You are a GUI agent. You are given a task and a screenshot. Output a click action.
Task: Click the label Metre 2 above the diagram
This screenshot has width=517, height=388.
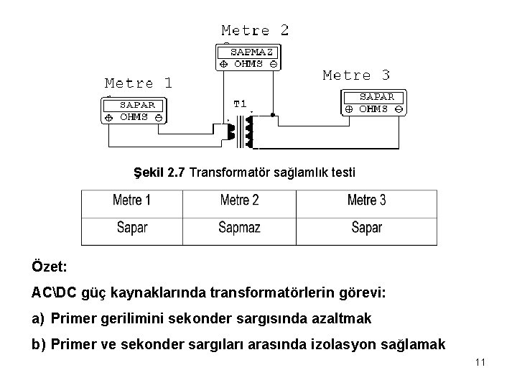(x=255, y=30)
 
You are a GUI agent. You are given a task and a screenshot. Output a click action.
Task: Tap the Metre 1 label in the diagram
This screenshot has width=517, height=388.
(x=139, y=83)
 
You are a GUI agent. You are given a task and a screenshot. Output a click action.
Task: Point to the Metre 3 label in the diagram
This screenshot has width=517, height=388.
(x=356, y=75)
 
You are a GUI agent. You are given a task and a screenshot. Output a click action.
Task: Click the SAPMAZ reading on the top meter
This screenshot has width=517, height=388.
(x=250, y=52)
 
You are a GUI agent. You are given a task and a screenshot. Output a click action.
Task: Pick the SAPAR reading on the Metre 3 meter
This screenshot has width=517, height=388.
(x=376, y=96)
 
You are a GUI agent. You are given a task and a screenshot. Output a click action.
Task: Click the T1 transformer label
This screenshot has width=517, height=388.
(x=240, y=103)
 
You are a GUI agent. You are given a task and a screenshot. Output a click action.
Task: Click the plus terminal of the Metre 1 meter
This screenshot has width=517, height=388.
(x=108, y=116)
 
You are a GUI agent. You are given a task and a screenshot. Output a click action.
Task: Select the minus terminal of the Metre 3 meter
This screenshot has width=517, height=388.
(x=399, y=109)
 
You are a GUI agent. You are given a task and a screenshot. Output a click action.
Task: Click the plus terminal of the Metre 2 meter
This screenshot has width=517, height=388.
(x=223, y=63)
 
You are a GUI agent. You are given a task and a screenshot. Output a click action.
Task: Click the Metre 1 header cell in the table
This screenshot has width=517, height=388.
(x=131, y=200)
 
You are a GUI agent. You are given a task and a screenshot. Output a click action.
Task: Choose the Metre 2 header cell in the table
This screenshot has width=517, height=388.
(x=240, y=200)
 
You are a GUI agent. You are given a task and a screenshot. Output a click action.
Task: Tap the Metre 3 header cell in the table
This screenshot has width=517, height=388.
(x=366, y=200)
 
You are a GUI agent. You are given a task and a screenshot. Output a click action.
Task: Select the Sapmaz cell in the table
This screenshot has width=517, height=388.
(x=240, y=228)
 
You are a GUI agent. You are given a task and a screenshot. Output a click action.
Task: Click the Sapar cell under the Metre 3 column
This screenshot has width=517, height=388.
(x=366, y=228)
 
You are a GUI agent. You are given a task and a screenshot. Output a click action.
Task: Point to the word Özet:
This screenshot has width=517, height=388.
(x=49, y=267)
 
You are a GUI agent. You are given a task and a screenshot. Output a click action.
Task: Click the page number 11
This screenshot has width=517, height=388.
(x=480, y=362)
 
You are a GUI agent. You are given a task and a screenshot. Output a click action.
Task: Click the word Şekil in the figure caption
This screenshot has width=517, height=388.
(x=148, y=173)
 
